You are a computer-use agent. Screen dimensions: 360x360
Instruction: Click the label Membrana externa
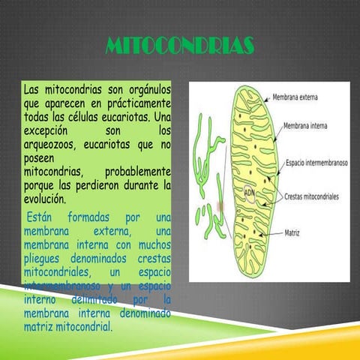tap(298, 97)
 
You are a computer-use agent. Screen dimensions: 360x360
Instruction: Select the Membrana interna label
tap(304, 128)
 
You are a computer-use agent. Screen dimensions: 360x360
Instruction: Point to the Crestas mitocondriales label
tap(312, 197)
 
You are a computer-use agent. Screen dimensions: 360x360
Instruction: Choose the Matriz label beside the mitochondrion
tap(292, 232)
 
